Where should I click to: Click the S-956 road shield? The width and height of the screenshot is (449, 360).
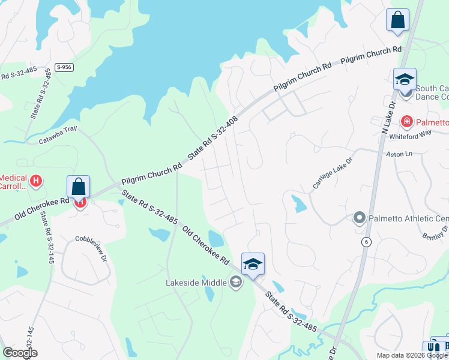click(x=64, y=67)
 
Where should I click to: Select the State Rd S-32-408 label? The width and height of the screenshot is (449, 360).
click(x=213, y=137)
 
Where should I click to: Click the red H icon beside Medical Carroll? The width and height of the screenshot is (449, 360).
click(x=36, y=181)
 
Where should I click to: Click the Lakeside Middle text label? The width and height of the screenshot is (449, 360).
click(x=196, y=283)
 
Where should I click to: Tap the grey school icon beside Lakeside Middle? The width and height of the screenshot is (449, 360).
click(x=235, y=282)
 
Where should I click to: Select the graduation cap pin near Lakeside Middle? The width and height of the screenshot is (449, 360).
click(x=253, y=264)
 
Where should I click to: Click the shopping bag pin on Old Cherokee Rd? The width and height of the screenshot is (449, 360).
click(x=79, y=187)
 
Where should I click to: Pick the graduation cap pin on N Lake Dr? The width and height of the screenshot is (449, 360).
click(x=405, y=79)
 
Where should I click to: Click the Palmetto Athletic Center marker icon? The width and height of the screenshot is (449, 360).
click(x=360, y=217)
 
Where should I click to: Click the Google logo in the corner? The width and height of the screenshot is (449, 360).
click(x=20, y=353)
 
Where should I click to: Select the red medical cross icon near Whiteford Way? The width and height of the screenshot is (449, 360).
click(x=407, y=122)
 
